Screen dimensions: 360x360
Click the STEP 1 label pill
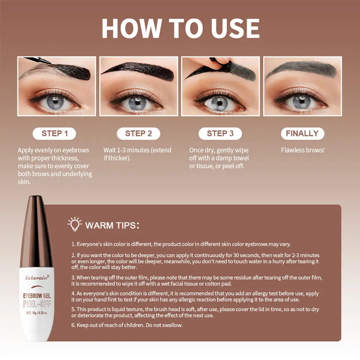coord(54,133)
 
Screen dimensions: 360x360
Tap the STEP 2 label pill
coord(138,133)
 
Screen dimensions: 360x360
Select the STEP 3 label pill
coord(220,133)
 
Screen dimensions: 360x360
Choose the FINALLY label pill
coord(302,133)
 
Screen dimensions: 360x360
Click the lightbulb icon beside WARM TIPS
coord(75,223)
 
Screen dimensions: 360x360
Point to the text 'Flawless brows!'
coord(303,150)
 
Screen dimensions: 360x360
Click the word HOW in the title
coord(132,28)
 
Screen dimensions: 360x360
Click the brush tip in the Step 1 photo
coord(48,62)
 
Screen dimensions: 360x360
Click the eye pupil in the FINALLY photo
coord(301,101)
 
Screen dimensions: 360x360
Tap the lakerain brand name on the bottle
coord(37,277)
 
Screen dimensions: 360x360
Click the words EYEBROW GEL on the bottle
coord(37,296)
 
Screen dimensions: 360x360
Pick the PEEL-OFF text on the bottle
coord(37,304)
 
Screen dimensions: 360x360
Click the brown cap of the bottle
coord(37,232)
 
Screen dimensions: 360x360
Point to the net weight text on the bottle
coord(37,313)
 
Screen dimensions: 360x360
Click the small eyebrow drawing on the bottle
coord(37,287)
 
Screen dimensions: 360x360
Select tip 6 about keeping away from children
coord(127,325)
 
